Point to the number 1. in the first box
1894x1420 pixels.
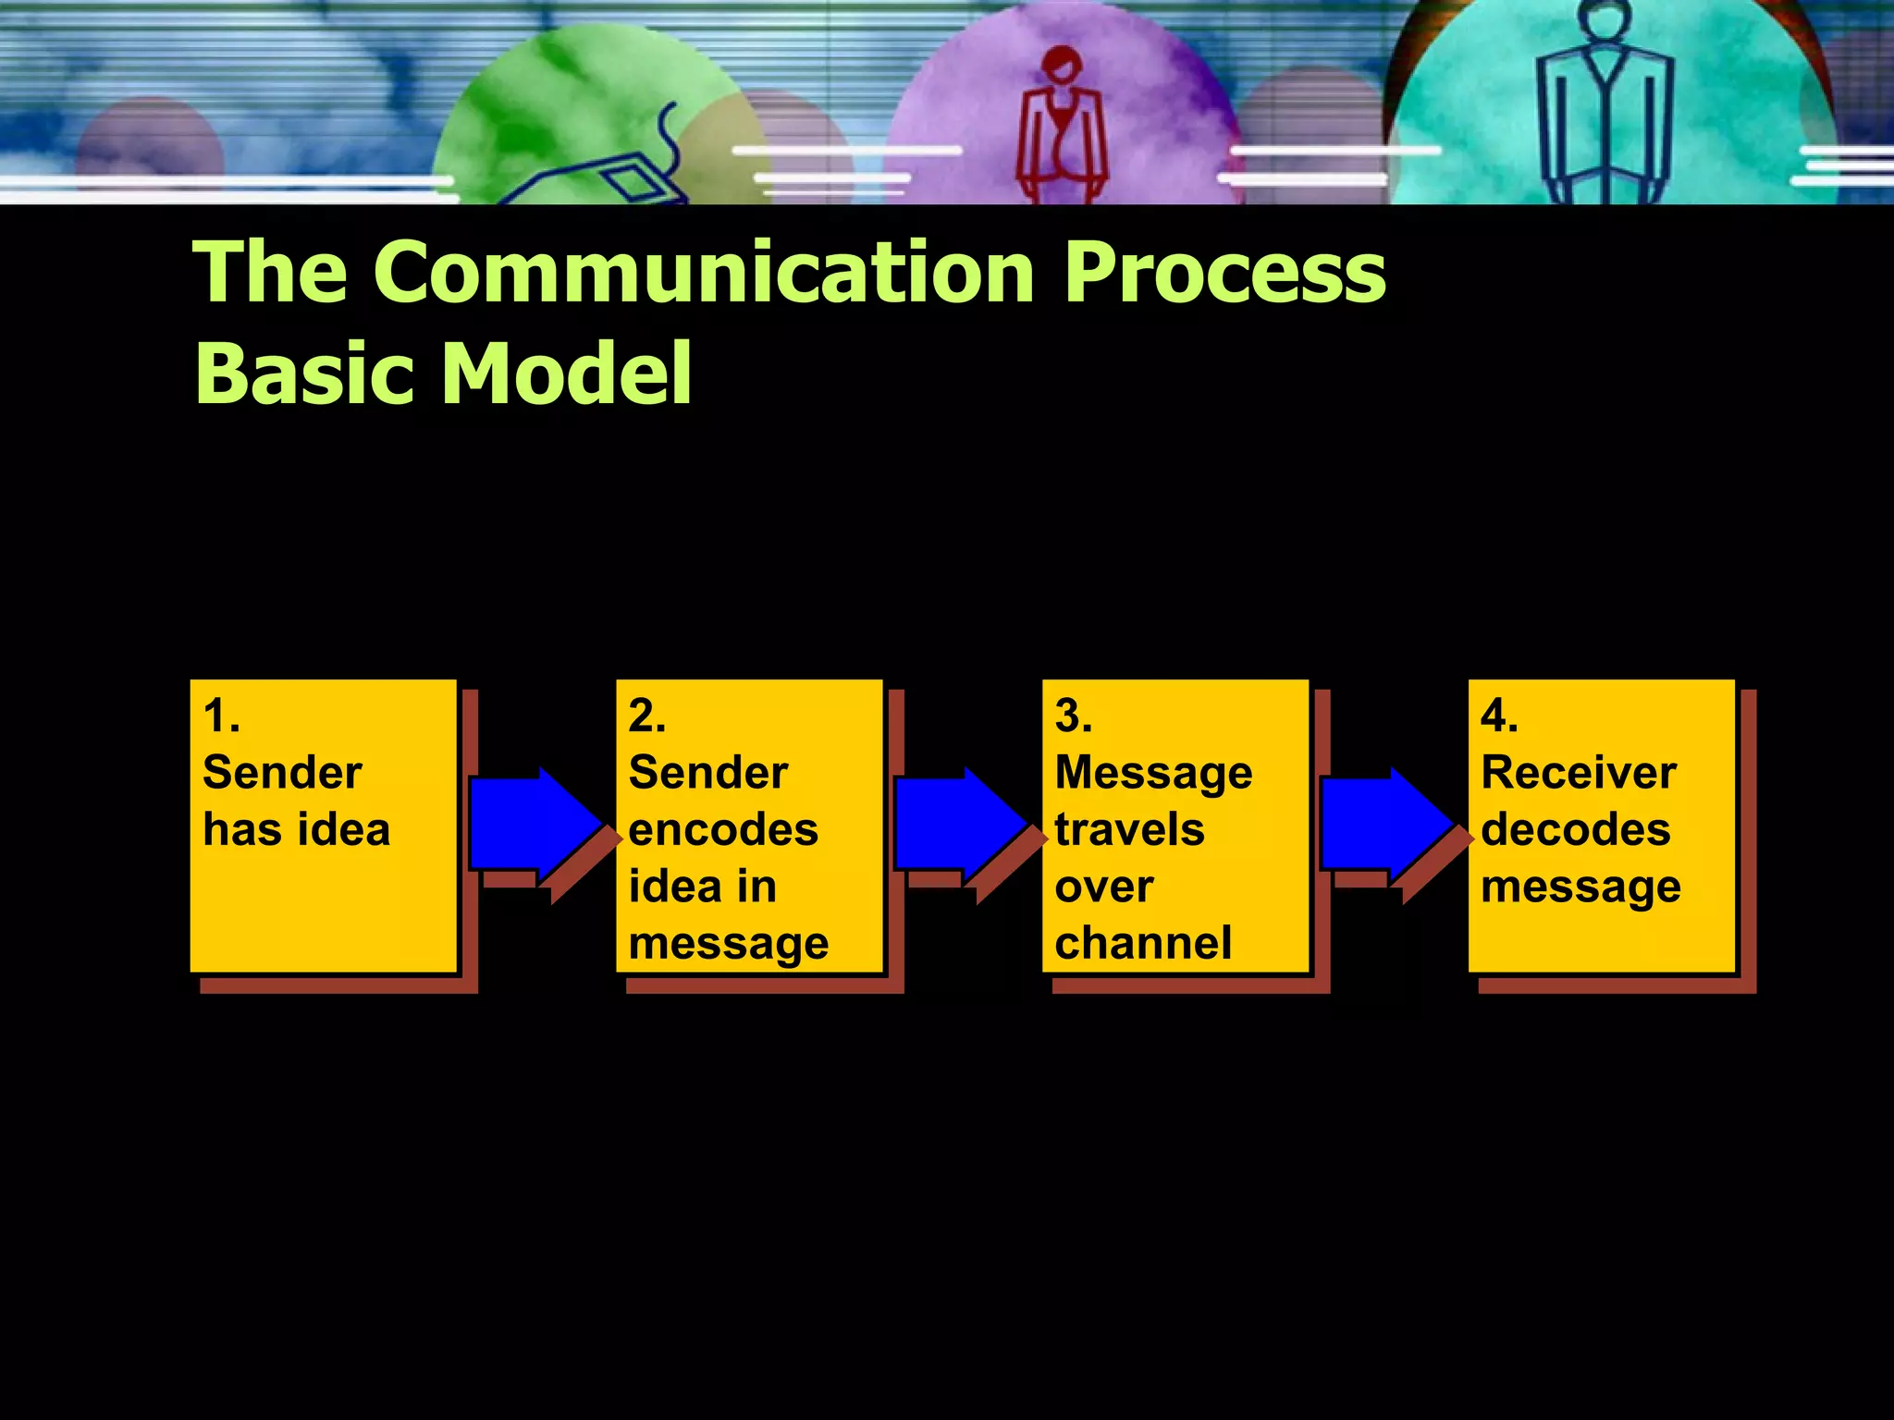click(221, 716)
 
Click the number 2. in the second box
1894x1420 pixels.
click(646, 716)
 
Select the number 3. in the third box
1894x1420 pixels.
click(1073, 716)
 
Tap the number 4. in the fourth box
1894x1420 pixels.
click(1498, 716)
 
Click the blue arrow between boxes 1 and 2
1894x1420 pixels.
click(535, 823)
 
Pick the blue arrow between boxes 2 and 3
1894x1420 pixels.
click(960, 823)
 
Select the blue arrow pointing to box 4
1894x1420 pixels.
click(1385, 823)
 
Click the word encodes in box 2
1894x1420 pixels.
click(723, 829)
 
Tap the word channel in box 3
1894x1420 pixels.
click(1143, 943)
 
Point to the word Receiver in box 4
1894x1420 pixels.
click(1578, 773)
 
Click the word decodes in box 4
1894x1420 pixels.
click(1575, 829)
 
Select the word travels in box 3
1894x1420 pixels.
click(1129, 829)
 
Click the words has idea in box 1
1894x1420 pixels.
click(296, 829)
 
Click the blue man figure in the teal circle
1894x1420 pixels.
click(1605, 106)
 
